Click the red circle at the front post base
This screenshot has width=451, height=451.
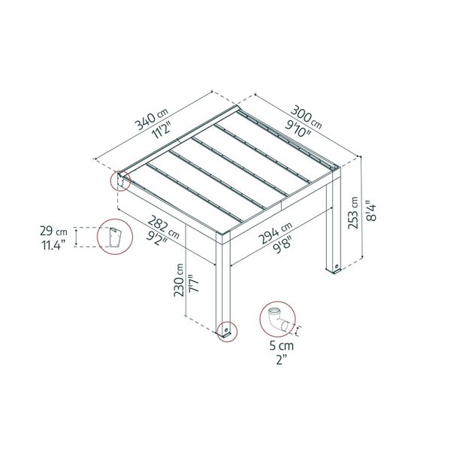225,331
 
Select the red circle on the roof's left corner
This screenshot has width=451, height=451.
120,180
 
